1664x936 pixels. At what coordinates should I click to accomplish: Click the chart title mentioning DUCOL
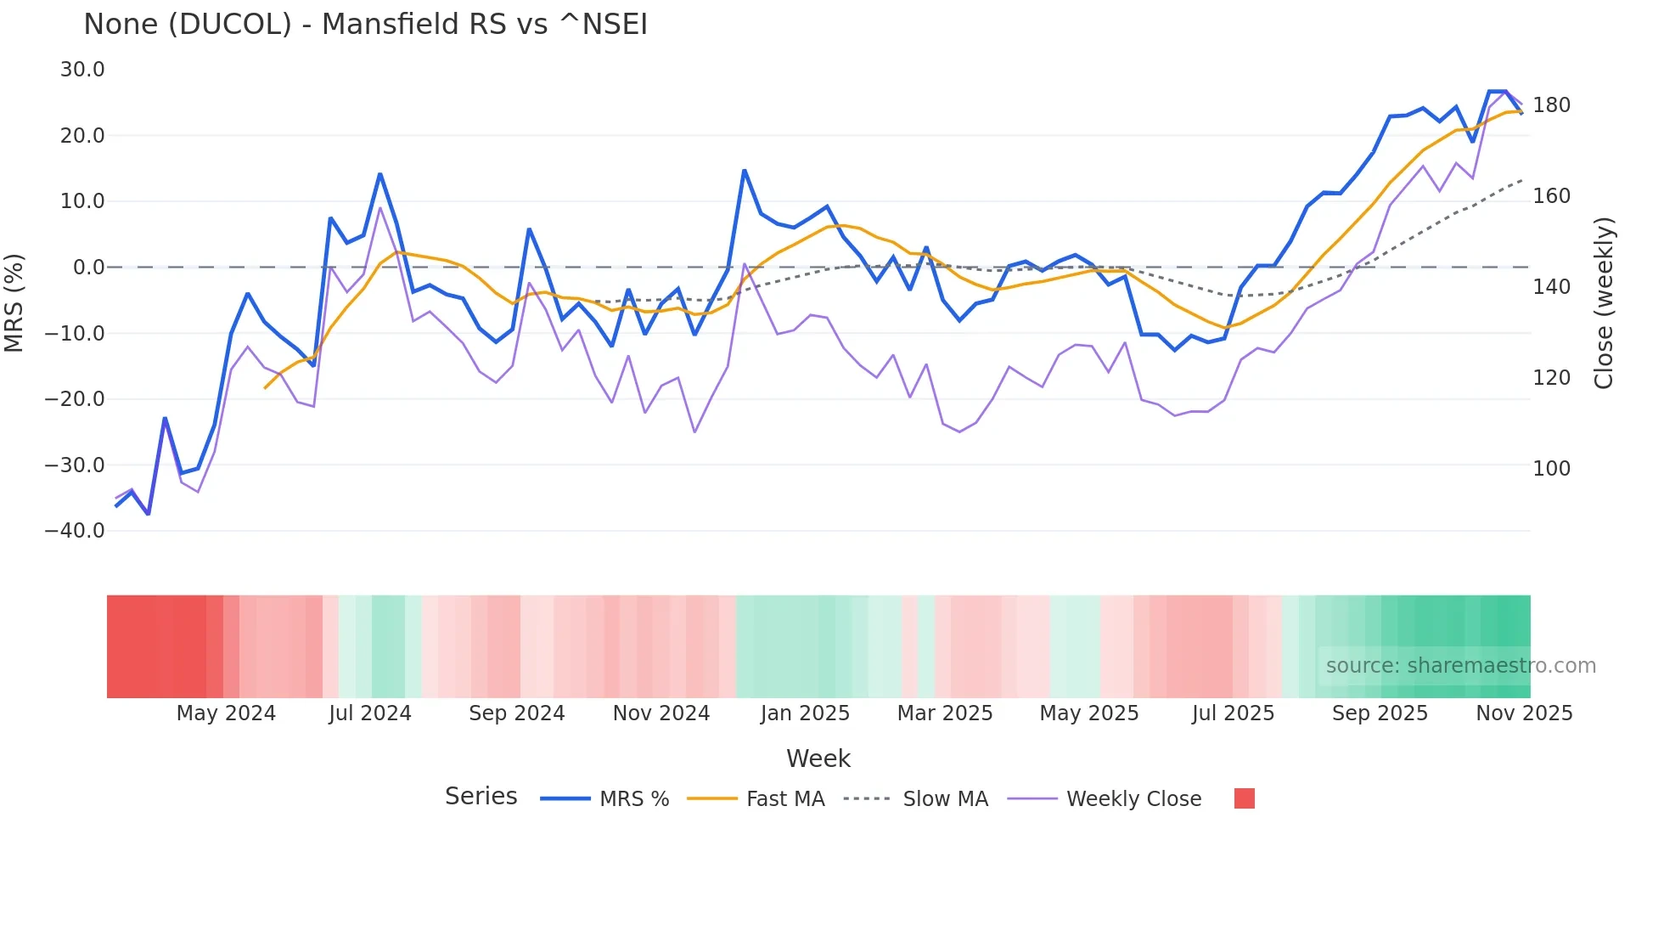point(365,25)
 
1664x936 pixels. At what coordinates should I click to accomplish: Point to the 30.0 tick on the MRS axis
point(82,70)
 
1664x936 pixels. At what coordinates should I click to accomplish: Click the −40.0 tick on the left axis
point(75,531)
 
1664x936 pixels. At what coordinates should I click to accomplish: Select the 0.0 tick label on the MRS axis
point(88,268)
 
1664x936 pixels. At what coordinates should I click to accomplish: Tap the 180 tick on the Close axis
point(1551,105)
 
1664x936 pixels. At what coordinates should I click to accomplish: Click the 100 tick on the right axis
point(1551,468)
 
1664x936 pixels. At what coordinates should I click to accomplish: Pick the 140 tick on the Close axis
point(1551,287)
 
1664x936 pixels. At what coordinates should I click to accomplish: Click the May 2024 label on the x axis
point(226,713)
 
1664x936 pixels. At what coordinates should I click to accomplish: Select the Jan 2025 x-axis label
point(805,713)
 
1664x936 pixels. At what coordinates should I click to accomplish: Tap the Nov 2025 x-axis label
point(1524,713)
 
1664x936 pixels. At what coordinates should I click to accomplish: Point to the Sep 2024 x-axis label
point(516,713)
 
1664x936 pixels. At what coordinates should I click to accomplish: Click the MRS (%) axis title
point(14,302)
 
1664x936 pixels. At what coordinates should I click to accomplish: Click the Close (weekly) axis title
point(1603,303)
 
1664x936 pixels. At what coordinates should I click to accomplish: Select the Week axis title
point(818,758)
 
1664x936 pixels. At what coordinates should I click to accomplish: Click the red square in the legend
point(1244,798)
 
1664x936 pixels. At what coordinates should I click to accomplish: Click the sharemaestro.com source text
point(1460,666)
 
